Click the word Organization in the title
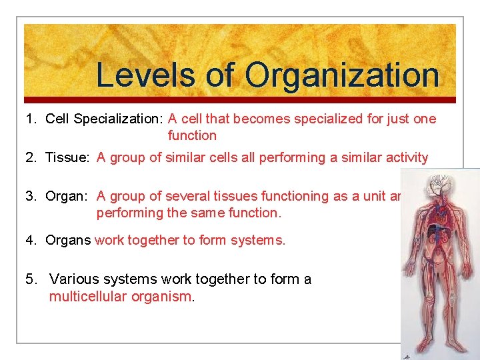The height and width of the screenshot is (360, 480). (342, 75)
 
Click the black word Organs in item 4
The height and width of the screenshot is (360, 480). (68, 240)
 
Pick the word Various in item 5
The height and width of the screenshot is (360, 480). (72, 279)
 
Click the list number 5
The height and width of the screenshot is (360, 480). (30, 279)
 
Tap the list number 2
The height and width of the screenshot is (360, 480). (30, 158)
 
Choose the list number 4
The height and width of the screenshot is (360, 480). (30, 240)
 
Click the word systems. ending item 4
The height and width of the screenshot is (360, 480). (259, 240)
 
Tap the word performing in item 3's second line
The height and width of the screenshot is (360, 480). (128, 213)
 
